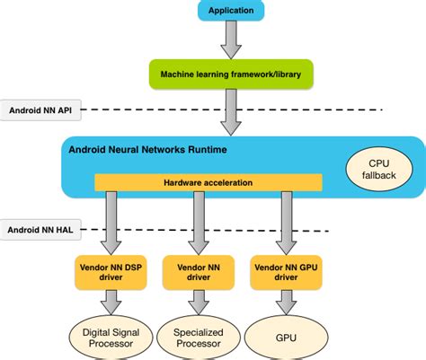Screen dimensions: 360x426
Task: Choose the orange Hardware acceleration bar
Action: pyautogui.click(x=208, y=182)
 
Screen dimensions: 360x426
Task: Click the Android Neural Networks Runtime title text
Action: pyautogui.click(x=148, y=148)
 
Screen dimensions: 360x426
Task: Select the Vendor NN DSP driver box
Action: pyautogui.click(x=109, y=272)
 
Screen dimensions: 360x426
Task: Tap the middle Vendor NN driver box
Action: pyautogui.click(x=196, y=272)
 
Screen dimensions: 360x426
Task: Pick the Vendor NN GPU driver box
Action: pyautogui.click(x=286, y=272)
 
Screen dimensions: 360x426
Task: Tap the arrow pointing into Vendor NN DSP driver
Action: pyautogui.click(x=109, y=223)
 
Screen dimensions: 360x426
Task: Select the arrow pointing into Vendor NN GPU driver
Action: pyautogui.click(x=286, y=223)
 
